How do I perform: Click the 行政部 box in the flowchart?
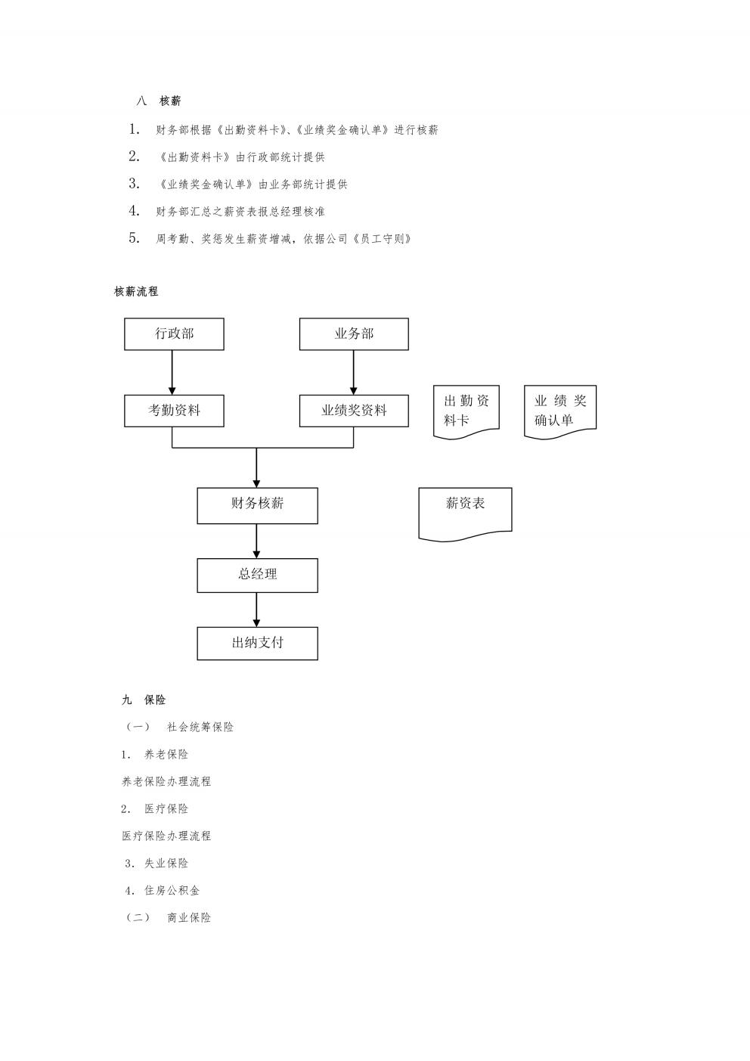tap(174, 334)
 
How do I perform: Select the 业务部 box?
tap(354, 334)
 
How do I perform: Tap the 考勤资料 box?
tap(174, 411)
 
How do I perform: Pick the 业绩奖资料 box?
tap(354, 411)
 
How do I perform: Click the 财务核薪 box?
tap(257, 505)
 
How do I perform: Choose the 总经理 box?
tap(257, 575)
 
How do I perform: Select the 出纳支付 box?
tap(257, 644)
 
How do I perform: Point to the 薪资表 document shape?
tap(465, 514)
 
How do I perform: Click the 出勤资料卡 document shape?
tap(466, 412)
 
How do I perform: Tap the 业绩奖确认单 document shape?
tap(560, 412)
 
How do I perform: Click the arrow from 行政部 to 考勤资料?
tap(172, 373)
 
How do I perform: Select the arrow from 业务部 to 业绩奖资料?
tap(353, 373)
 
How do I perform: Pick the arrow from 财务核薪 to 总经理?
tap(256, 541)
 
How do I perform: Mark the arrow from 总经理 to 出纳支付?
tap(256, 610)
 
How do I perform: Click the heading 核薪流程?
tap(136, 292)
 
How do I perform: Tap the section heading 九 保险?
tap(144, 700)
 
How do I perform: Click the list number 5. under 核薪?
tap(134, 237)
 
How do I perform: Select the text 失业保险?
tap(166, 863)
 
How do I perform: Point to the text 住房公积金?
tap(172, 891)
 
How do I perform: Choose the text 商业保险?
tap(189, 917)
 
